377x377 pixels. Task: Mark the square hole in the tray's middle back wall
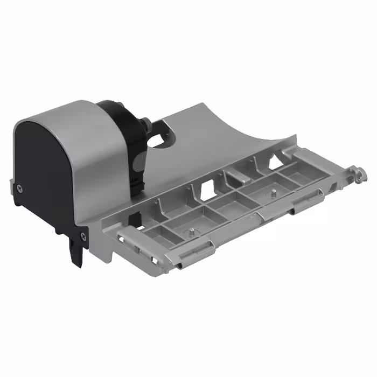click(x=207, y=188)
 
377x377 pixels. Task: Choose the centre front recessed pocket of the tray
click(x=226, y=205)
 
